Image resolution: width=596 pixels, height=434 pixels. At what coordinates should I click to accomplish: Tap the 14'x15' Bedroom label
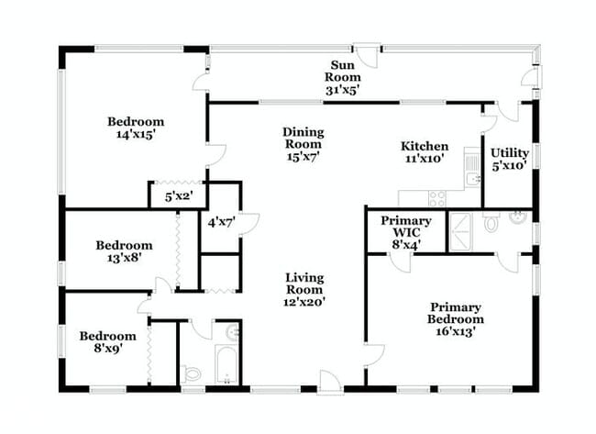pyautogui.click(x=135, y=128)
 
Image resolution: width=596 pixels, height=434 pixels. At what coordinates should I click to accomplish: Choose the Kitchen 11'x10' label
pyautogui.click(x=425, y=152)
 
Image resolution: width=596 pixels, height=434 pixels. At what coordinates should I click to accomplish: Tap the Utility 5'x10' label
pyautogui.click(x=509, y=160)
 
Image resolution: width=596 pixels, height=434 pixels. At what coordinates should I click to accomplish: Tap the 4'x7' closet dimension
pyautogui.click(x=221, y=222)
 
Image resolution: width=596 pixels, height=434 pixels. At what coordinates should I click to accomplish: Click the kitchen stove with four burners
pyautogui.click(x=436, y=198)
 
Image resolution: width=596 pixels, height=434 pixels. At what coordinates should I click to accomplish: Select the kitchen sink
pyautogui.click(x=471, y=167)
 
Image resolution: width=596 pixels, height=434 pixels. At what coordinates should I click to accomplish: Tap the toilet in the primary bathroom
pyautogui.click(x=491, y=222)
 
